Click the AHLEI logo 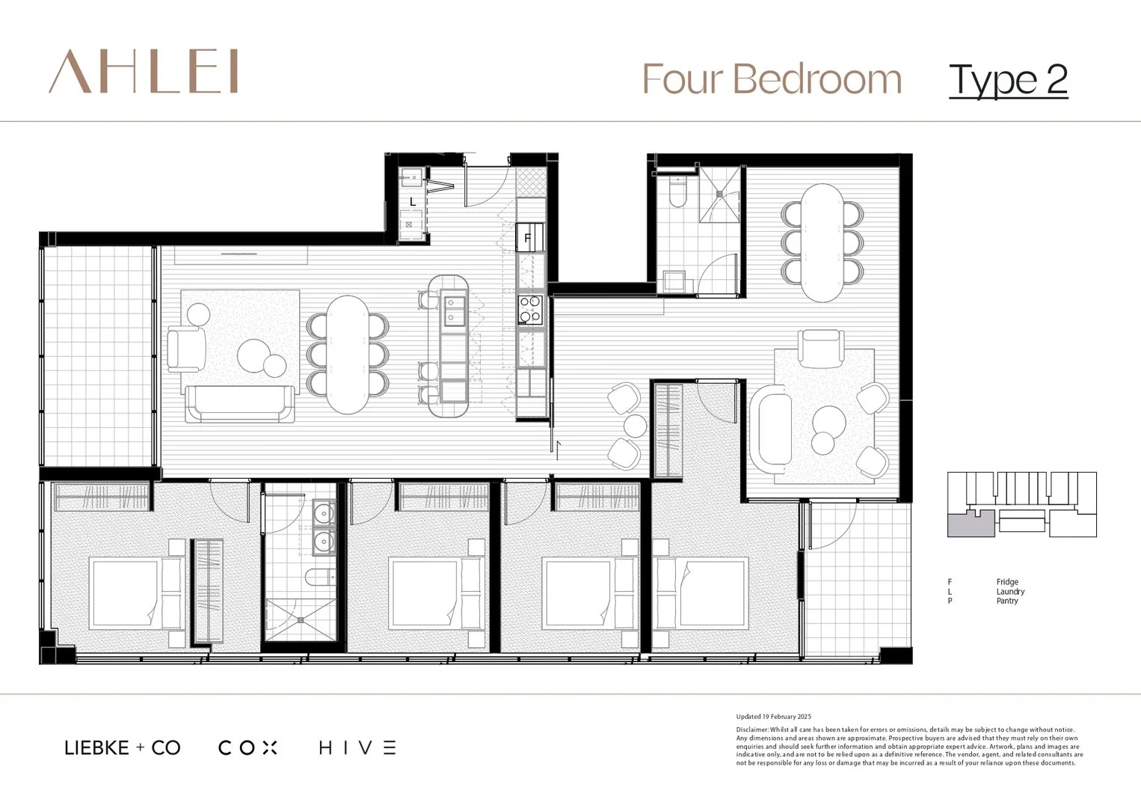[x=144, y=72]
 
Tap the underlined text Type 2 [x=1007, y=80]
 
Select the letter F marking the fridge [x=527, y=239]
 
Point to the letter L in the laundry [x=413, y=202]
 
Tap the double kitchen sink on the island [x=454, y=310]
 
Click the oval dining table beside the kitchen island [x=348, y=354]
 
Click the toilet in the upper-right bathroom [x=677, y=194]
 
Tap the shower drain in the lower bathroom [x=300, y=619]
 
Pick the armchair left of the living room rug [x=185, y=349]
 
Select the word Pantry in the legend [x=1007, y=601]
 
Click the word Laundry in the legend [x=1010, y=591]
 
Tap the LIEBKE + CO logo [x=123, y=747]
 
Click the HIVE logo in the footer [x=357, y=747]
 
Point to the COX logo [x=247, y=747]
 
